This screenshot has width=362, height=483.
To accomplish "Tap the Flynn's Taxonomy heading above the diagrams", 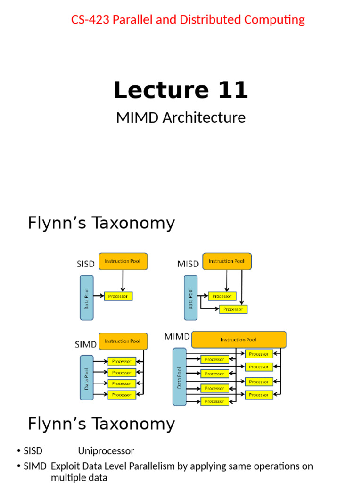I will point(101,223).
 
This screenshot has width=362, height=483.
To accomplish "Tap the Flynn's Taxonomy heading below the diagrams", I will point(101,424).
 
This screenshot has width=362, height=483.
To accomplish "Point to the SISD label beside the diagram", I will point(86,264).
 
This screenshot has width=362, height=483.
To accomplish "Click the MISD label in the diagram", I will point(188,264).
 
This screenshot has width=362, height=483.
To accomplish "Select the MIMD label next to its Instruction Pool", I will point(177,337).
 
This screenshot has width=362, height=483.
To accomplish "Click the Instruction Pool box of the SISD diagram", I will point(123,261).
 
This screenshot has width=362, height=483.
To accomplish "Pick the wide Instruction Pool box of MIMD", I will point(239,339).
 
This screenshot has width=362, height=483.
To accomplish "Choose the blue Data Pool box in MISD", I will point(190,298).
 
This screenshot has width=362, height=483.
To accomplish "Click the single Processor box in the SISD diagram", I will point(118,296).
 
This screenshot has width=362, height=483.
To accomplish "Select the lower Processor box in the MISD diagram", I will point(233,309).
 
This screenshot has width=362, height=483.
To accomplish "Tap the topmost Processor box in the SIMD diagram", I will point(122,361).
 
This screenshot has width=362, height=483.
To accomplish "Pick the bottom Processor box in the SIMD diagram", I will point(122,395).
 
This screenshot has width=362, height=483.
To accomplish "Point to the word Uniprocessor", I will point(106,451).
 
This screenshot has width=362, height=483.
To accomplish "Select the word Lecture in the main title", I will point(154,90).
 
